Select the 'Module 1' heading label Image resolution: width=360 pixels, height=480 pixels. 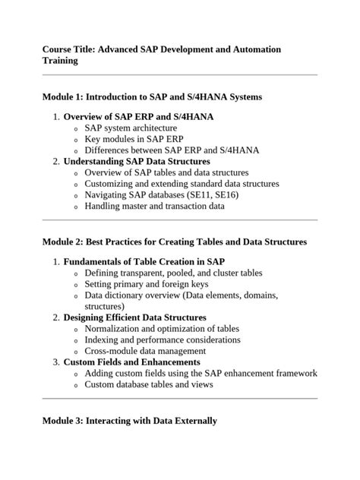click(62, 97)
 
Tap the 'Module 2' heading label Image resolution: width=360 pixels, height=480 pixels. click(62, 242)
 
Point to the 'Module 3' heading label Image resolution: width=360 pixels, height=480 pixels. click(62, 420)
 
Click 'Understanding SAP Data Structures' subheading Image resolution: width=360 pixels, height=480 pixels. click(137, 162)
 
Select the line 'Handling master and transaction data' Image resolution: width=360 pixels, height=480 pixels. click(154, 206)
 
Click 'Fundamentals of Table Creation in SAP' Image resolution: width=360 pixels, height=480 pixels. click(148, 262)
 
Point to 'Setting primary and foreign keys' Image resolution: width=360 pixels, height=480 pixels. click(147, 284)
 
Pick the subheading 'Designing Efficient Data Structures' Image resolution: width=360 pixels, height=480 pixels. click(134, 317)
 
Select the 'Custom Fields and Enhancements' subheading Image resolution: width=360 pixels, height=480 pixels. click(131, 362)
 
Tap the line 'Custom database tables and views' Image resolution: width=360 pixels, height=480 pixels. click(149, 384)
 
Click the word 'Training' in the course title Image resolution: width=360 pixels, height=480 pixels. click(60, 61)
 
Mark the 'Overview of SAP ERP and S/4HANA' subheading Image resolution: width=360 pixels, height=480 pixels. click(138, 117)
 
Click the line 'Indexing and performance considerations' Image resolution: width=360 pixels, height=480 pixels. click(163, 339)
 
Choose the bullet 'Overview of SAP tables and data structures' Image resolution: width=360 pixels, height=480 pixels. click(166, 172)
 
